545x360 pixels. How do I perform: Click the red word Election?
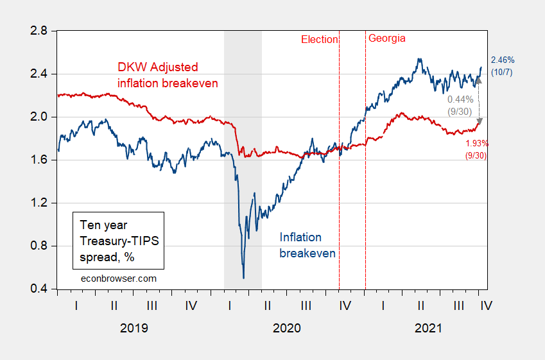click(319, 39)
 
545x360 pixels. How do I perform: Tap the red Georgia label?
click(386, 39)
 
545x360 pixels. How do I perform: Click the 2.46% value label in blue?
click(502, 60)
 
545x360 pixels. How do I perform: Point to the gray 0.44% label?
click(460, 99)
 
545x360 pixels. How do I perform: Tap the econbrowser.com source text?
click(118, 279)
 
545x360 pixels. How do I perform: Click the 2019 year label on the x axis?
click(134, 328)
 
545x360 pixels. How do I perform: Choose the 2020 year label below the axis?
click(286, 328)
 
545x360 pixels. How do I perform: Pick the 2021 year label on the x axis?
click(428, 328)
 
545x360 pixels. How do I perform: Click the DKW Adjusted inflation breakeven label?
click(167, 75)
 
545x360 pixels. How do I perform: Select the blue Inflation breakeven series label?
click(307, 245)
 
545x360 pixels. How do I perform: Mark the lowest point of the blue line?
click(243, 278)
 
